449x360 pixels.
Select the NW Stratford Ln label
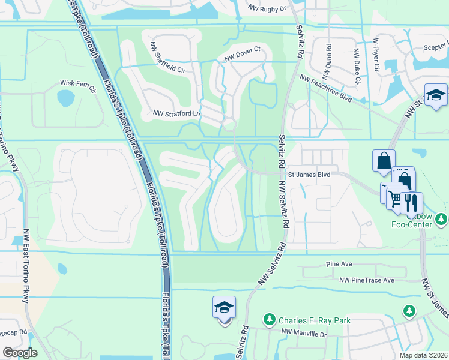click(x=175, y=112)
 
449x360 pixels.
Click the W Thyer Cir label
click(x=376, y=55)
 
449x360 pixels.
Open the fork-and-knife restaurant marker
click(x=412, y=202)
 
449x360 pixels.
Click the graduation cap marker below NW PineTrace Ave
click(x=224, y=308)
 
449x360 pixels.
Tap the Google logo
click(x=20, y=353)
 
